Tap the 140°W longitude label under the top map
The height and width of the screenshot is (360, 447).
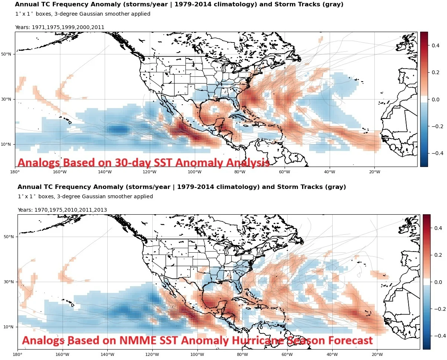coord(105,172)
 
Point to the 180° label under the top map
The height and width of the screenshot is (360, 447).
coord(15,172)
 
